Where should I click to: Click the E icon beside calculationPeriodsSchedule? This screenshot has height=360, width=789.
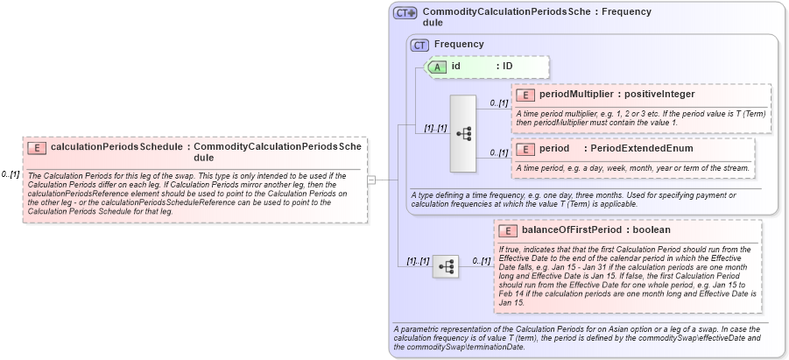38,148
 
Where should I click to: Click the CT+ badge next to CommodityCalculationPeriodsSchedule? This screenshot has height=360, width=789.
405,13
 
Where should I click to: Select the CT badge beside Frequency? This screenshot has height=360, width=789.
419,44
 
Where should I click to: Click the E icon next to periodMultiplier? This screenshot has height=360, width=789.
526,95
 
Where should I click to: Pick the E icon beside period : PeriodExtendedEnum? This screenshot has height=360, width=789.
526,149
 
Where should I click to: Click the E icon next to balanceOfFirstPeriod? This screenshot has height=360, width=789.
508,230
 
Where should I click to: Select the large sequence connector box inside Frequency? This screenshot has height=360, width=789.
462,134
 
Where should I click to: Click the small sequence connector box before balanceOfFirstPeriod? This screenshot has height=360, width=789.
445,266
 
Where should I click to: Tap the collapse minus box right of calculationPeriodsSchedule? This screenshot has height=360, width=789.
371,180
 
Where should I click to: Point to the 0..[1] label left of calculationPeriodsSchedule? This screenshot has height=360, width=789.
11,174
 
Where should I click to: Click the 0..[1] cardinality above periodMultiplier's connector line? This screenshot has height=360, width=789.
498,103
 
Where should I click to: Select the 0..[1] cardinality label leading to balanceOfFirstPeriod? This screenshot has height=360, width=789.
481,260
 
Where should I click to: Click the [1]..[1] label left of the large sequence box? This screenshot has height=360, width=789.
435,128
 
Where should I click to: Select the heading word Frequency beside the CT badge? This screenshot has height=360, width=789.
459,44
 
